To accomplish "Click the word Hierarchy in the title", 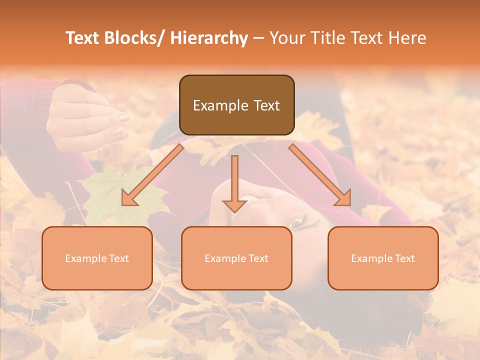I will point(208,38).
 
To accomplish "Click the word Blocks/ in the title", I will point(132,38).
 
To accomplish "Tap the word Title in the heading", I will point(324,38).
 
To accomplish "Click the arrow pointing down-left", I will point(152,175).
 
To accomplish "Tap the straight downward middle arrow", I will point(234,180).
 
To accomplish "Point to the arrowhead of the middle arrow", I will point(234,205).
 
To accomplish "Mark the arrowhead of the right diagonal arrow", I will point(343,198).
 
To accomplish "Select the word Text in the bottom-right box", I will point(404,258).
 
